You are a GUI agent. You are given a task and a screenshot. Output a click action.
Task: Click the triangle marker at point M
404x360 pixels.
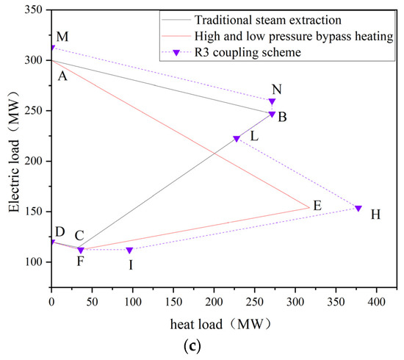click(x=52, y=48)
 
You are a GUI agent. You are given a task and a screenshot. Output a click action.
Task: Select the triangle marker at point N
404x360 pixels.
click(x=273, y=102)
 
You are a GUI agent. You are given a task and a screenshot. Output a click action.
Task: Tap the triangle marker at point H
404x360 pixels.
click(x=358, y=208)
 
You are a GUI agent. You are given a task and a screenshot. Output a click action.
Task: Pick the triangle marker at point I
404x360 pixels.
click(x=129, y=251)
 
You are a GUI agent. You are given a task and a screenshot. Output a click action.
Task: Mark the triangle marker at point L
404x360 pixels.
click(x=237, y=139)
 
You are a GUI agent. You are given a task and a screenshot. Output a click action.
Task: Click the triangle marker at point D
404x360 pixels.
click(x=52, y=242)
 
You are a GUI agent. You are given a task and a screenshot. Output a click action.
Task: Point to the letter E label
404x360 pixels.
click(x=317, y=206)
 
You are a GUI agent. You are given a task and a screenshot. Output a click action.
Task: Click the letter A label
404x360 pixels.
click(x=62, y=73)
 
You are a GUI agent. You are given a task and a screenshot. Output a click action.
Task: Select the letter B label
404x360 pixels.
click(x=282, y=116)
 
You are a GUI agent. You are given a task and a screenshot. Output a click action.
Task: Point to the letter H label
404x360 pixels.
click(x=375, y=215)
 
